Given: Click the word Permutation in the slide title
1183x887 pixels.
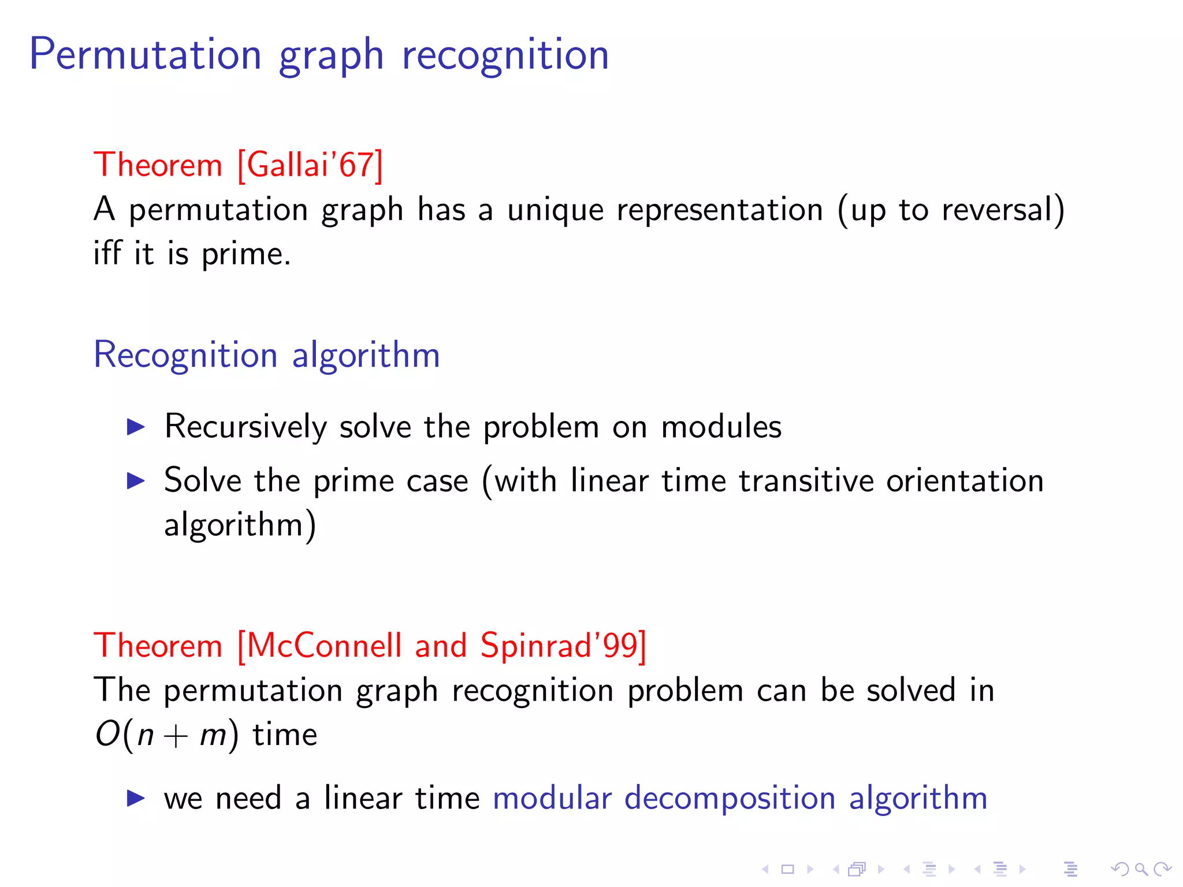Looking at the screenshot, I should (146, 55).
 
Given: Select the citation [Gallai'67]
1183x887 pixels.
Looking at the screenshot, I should (310, 165).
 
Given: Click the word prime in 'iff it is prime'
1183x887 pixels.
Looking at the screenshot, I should (245, 255).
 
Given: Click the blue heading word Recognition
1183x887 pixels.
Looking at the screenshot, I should (185, 355).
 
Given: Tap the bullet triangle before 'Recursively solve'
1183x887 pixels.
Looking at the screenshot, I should (136, 427).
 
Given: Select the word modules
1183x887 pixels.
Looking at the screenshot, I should (721, 427).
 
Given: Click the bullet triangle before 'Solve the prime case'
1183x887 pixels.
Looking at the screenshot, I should (136, 480).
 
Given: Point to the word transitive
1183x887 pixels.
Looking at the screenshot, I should (806, 480).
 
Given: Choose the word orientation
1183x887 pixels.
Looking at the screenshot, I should (965, 480).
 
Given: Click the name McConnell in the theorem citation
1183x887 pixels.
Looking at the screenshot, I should (325, 645).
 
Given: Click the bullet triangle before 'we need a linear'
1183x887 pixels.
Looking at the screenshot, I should (136, 799).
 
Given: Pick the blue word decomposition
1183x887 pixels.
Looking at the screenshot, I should (730, 799).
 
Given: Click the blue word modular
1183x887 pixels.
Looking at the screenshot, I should (552, 798).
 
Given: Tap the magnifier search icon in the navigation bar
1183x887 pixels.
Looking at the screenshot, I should (1141, 869).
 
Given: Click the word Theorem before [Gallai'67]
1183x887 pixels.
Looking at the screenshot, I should (158, 165).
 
